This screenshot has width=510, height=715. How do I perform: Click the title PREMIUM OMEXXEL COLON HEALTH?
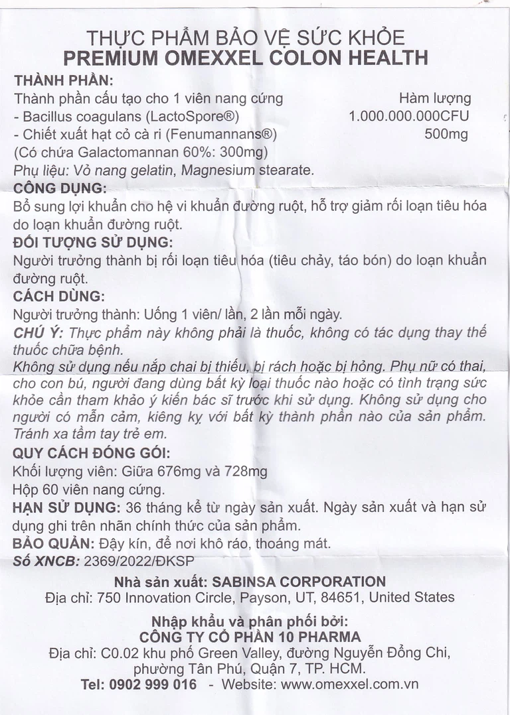click(246, 58)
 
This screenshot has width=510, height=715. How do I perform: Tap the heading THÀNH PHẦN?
click(63, 81)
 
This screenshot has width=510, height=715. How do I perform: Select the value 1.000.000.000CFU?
click(409, 117)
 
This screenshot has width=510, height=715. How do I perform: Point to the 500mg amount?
click(446, 135)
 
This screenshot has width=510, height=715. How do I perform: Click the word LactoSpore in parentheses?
click(200, 117)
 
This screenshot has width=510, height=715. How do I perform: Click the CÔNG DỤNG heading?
click(60, 188)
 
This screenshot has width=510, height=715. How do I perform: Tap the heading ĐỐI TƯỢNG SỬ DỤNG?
click(93, 241)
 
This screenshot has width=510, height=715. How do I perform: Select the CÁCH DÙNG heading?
click(58, 296)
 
